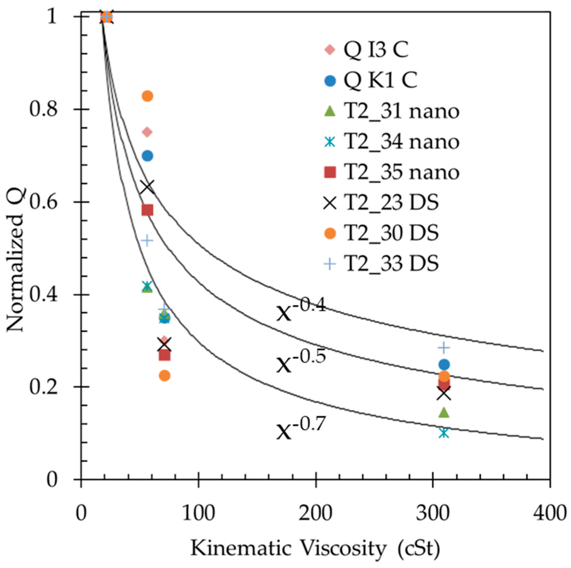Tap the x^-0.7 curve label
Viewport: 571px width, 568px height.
[301, 428]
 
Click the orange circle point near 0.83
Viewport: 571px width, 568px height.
[147, 96]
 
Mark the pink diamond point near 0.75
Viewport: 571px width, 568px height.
[147, 132]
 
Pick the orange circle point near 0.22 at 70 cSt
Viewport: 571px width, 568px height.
[165, 375]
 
